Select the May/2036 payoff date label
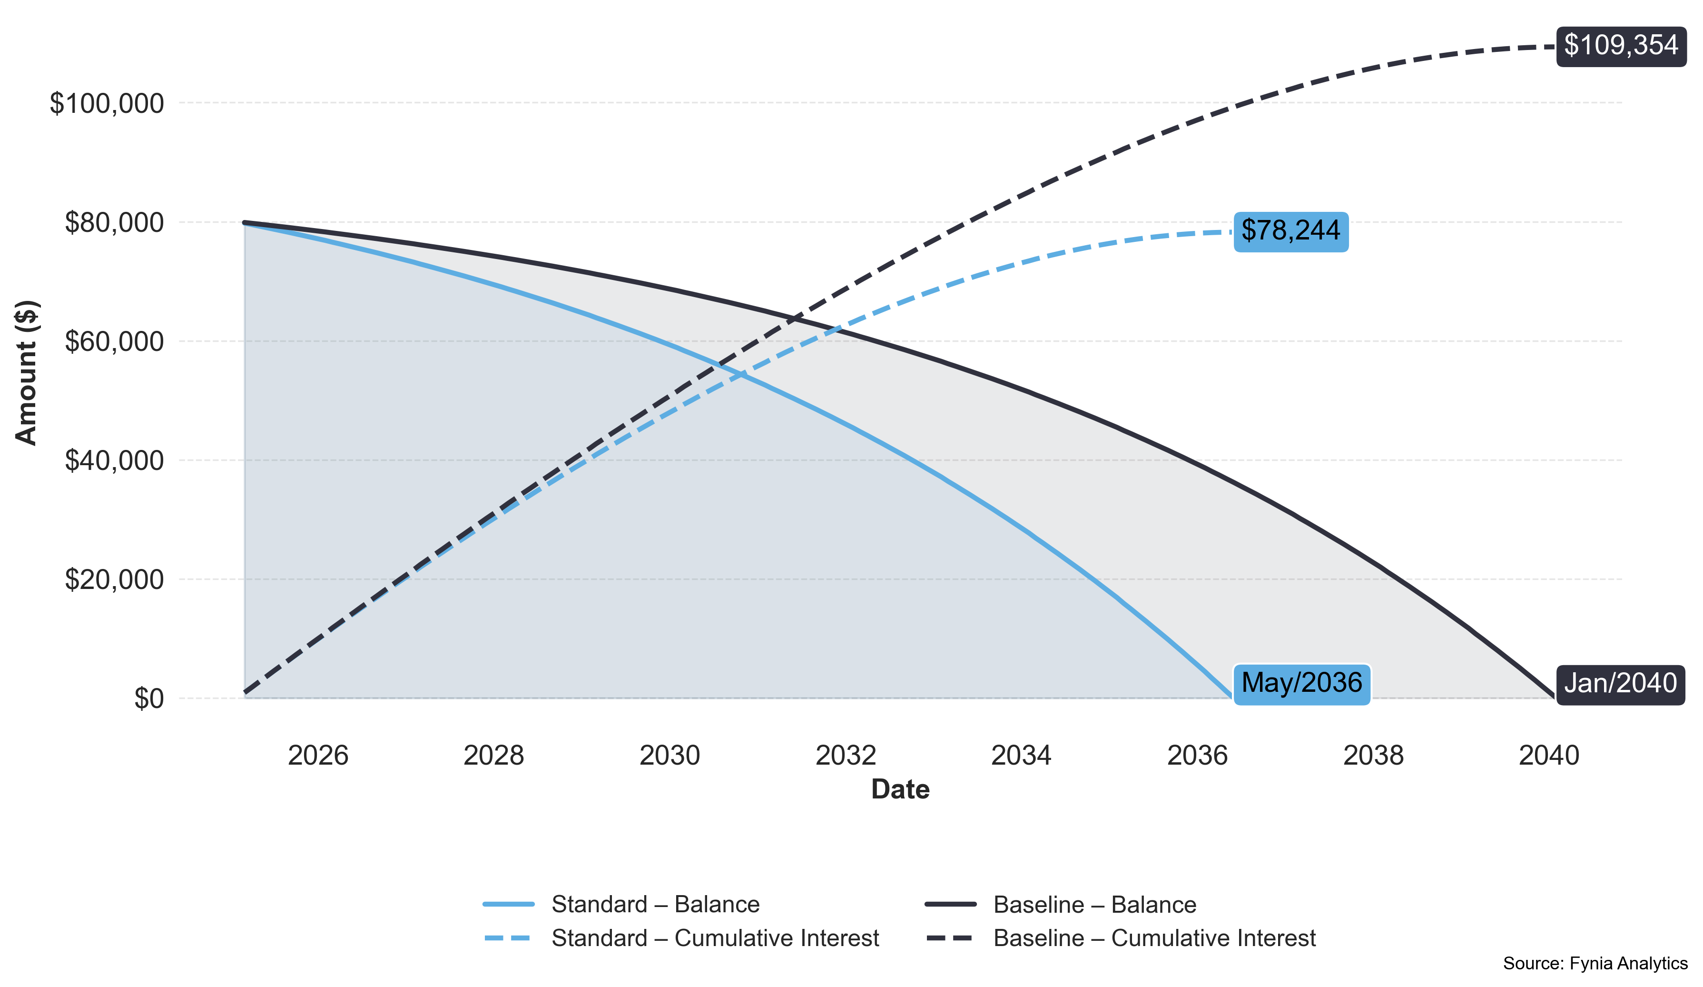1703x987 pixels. point(1301,683)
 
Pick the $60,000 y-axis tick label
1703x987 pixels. point(114,341)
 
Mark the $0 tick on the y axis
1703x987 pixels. point(148,698)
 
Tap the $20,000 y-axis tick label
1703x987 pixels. point(114,579)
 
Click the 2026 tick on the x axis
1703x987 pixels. point(318,755)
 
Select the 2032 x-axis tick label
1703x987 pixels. point(846,755)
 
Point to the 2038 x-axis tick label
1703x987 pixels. point(1373,755)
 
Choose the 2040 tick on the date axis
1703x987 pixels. point(1548,755)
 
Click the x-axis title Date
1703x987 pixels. point(900,789)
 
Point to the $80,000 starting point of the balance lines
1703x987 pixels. point(244,222)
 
